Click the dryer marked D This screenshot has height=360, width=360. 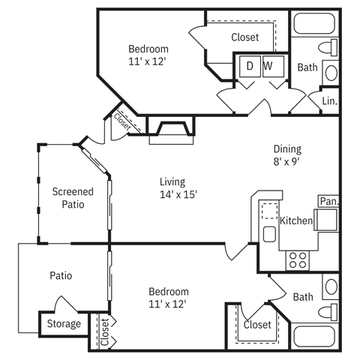pos(250,66)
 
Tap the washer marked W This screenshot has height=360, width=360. pos(274,66)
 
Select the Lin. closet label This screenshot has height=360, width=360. pos(330,101)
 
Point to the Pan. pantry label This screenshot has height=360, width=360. pos(329,201)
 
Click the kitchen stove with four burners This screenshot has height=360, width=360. pos(298,260)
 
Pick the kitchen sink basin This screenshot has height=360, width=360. pos(269,234)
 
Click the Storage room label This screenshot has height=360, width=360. pos(64,324)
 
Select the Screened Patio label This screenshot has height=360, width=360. pos(73,198)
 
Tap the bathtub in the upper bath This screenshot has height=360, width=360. pos(314,23)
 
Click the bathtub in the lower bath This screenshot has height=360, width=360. pos(314,337)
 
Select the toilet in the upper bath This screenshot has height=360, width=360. pos(328,47)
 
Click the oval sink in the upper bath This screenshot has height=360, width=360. pos(331,73)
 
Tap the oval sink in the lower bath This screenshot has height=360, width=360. pos(331,286)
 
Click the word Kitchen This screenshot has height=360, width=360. pos(296,220)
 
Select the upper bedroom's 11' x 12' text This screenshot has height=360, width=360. pos(147,61)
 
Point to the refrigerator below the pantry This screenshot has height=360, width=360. pos(326,220)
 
